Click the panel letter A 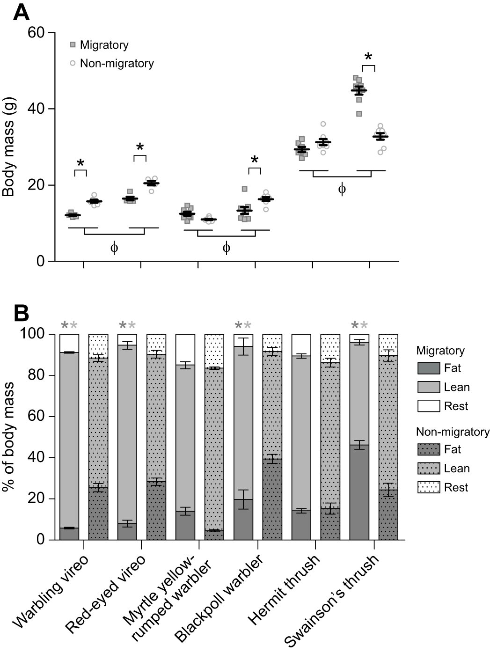(x=21, y=13)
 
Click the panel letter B (x=21, y=313)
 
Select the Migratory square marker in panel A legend (x=73, y=45)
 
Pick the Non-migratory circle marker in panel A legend (x=73, y=63)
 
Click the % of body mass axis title (x=9, y=436)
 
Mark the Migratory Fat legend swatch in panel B (x=428, y=368)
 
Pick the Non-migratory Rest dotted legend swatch (x=428, y=487)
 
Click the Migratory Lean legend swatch (x=428, y=387)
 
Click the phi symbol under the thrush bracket (x=342, y=189)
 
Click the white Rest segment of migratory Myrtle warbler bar (x=185, y=349)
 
